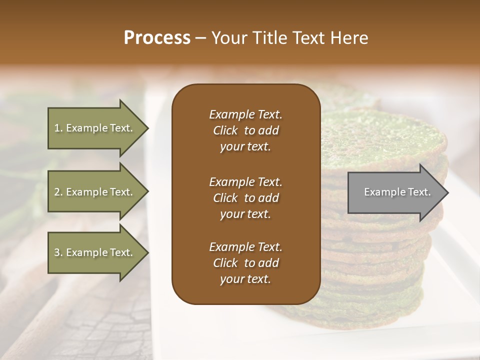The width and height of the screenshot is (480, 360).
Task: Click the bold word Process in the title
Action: coord(157,38)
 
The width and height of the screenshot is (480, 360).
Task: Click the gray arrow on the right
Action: coord(395,192)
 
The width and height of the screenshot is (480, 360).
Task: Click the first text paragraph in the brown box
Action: coord(245,130)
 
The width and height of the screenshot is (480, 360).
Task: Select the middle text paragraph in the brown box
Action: coord(245,198)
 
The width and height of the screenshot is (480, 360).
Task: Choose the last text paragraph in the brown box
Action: coord(245,263)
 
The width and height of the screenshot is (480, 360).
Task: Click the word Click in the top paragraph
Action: coord(225,130)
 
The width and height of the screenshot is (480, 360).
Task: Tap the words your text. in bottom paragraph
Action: coord(245,279)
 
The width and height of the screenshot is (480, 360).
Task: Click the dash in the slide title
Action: coord(200,38)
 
